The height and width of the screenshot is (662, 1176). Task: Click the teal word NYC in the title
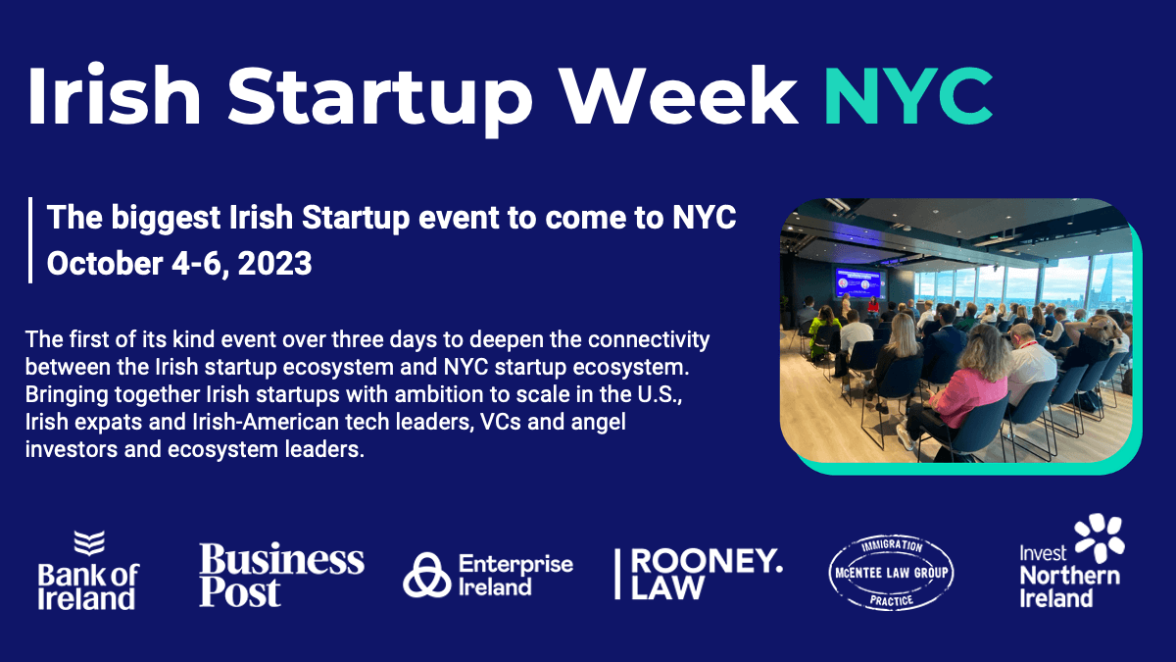(x=908, y=96)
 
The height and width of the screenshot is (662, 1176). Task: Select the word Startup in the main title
(x=379, y=100)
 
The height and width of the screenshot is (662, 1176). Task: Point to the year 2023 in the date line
(x=274, y=263)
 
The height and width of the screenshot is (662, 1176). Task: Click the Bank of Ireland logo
(x=89, y=570)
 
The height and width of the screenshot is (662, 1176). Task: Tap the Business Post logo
(x=281, y=575)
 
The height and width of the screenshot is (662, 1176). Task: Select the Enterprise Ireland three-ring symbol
(x=427, y=576)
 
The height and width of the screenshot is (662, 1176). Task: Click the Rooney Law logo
(x=699, y=575)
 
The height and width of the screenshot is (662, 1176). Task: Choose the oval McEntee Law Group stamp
(x=892, y=572)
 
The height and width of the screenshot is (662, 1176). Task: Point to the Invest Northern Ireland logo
(x=1071, y=561)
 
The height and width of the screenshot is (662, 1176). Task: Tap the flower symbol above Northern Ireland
(x=1100, y=537)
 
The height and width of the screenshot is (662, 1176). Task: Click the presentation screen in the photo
(x=860, y=282)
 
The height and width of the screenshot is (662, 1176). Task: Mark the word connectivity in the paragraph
(x=649, y=340)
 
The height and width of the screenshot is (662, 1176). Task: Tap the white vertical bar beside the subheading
(x=30, y=240)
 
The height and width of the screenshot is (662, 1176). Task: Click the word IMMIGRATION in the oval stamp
(x=892, y=546)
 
